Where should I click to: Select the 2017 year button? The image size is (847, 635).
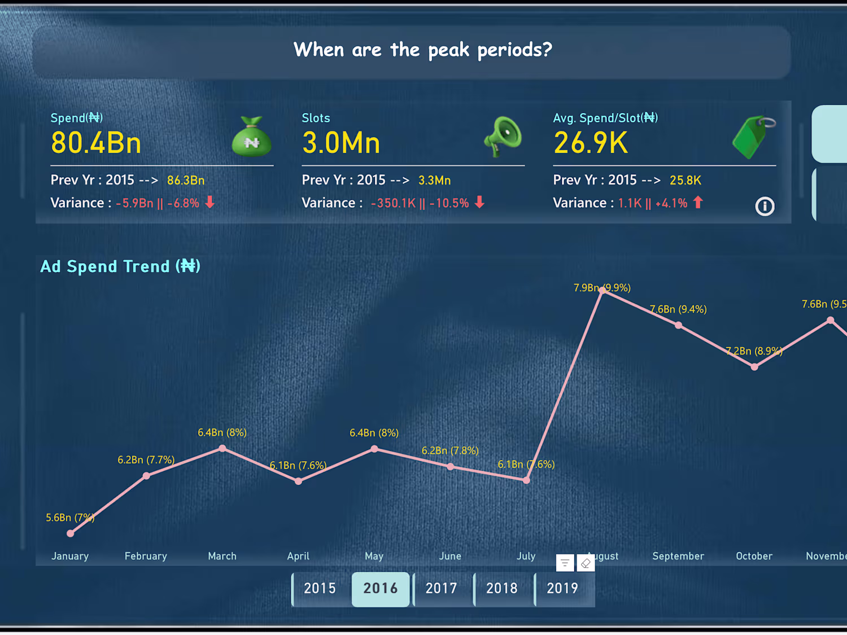click(x=441, y=588)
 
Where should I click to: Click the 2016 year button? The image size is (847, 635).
click(x=381, y=588)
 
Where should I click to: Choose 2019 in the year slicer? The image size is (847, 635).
click(x=562, y=588)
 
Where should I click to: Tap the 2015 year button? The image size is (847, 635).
click(x=320, y=588)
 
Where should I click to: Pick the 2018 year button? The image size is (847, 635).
click(x=502, y=588)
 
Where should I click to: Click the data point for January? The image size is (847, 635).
click(x=71, y=533)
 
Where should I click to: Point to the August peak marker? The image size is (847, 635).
click(x=602, y=290)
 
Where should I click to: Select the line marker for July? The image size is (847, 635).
click(x=526, y=480)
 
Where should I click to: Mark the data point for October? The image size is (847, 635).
click(x=754, y=367)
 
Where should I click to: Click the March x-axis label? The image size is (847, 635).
click(x=222, y=556)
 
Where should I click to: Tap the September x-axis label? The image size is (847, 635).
click(x=678, y=556)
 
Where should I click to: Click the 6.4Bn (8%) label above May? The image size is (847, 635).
click(x=374, y=433)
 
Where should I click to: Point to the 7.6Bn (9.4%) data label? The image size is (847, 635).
click(x=678, y=309)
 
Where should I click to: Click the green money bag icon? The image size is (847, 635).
click(x=252, y=137)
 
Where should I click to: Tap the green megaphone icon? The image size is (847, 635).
click(x=503, y=136)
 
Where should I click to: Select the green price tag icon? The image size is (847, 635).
click(x=753, y=137)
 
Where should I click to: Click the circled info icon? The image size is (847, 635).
click(x=765, y=206)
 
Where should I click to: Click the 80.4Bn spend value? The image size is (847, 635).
click(x=96, y=143)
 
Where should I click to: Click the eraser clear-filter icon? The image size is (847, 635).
click(x=586, y=563)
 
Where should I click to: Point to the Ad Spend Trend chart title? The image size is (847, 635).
click(x=120, y=266)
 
